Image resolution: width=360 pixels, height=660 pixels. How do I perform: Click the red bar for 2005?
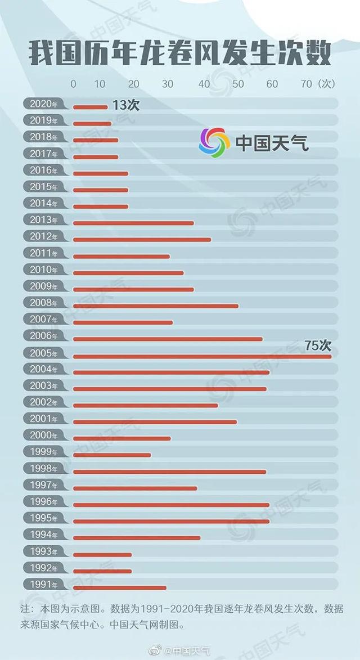(202, 356)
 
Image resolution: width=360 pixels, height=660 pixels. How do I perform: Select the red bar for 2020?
(90, 107)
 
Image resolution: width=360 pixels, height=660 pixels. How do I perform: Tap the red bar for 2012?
(142, 240)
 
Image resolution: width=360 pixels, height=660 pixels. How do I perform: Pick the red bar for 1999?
(112, 455)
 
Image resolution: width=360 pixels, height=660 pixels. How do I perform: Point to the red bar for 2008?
(156, 306)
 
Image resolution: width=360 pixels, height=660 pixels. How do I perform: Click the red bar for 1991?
(120, 587)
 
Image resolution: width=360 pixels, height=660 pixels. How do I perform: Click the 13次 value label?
(125, 105)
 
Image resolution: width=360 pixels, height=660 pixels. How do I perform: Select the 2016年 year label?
(43, 170)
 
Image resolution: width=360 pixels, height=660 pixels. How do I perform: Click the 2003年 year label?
(43, 385)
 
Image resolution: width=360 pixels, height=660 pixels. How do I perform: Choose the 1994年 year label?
(43, 535)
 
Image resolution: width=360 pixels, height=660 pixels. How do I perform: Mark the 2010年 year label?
(43, 270)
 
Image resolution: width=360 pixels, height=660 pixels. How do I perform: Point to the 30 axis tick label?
(168, 84)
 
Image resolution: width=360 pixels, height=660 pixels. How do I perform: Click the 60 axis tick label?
(272, 84)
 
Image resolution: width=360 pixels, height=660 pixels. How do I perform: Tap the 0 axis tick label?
(73, 84)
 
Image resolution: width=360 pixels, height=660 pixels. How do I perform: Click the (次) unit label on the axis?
(326, 84)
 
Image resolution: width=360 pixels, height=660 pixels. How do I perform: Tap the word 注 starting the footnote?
(25, 609)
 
